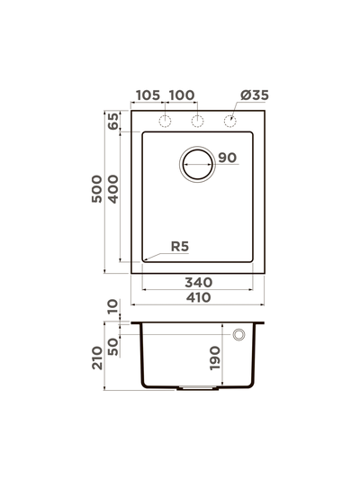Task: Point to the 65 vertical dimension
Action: click(113, 123)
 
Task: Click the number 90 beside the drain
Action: click(226, 159)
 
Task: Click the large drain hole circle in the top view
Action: click(197, 164)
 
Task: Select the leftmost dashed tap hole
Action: click(166, 121)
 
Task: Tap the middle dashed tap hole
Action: click(197, 121)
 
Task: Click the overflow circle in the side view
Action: click(239, 335)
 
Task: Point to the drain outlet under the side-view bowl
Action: click(197, 388)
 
